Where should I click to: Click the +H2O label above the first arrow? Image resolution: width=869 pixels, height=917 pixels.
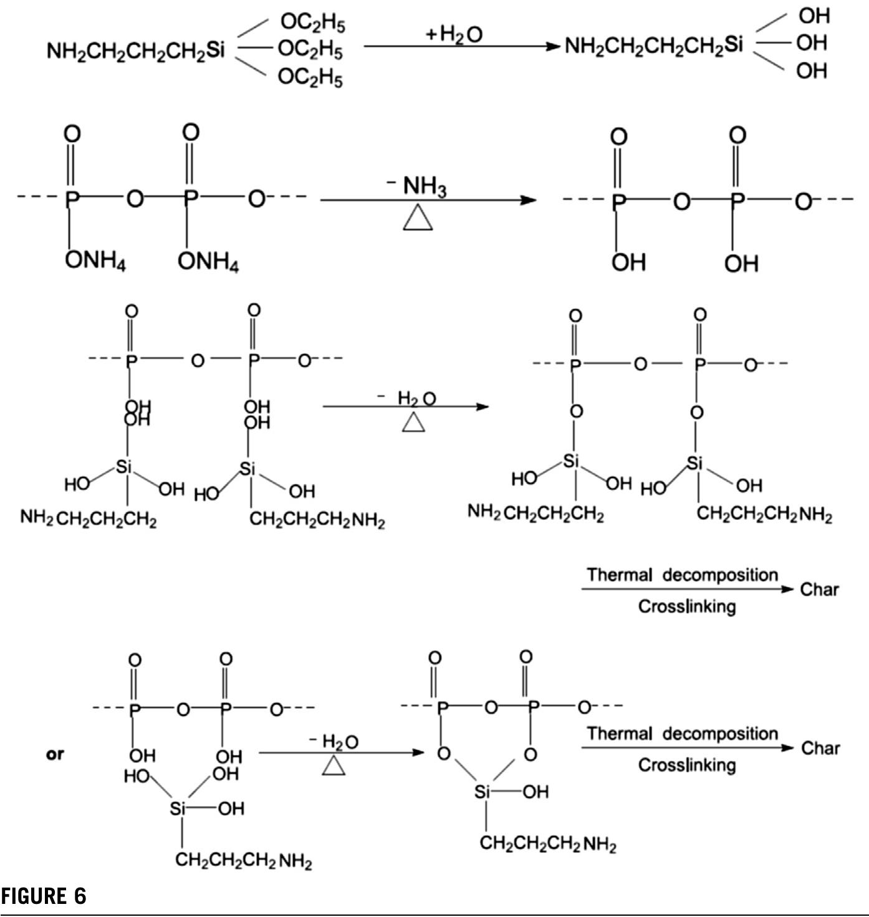coord(454,34)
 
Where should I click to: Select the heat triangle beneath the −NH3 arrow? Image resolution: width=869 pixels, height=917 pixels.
coord(418,219)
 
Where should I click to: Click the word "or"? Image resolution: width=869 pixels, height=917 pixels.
coord(55,754)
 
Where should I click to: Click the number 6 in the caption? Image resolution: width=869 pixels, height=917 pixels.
coord(80,896)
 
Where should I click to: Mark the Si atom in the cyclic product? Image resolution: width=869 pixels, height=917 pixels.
coord(482,792)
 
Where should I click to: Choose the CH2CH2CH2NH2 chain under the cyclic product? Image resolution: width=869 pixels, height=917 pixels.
coord(548,845)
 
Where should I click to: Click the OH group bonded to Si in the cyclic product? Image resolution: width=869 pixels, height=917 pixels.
coord(535,792)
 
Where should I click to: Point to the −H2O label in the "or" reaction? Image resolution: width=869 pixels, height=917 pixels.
coord(334,742)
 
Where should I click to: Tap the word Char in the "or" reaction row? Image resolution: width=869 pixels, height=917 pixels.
coord(820,748)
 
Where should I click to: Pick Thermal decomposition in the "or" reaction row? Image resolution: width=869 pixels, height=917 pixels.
coord(682,734)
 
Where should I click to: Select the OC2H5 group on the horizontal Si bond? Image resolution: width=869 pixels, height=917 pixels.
coord(310,48)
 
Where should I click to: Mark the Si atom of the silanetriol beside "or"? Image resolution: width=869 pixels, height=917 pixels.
coord(178,809)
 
